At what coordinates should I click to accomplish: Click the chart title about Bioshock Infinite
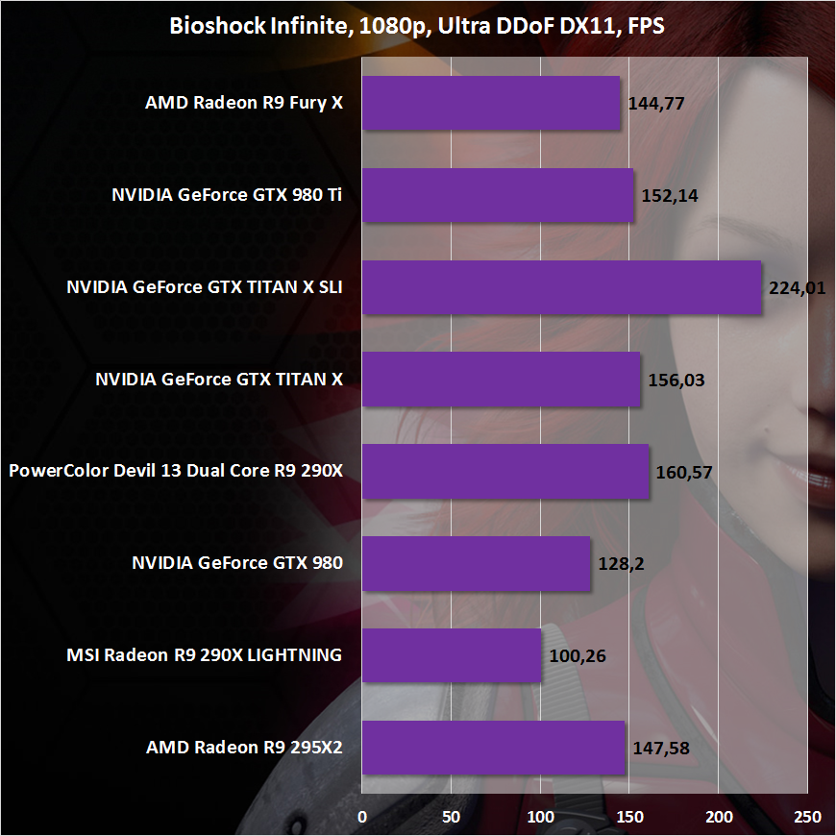click(x=417, y=25)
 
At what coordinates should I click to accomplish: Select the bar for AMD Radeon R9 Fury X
click(x=491, y=103)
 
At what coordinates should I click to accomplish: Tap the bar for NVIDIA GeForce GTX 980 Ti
click(x=498, y=195)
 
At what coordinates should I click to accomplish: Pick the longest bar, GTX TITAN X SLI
click(x=561, y=287)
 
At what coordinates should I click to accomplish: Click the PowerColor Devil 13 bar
click(x=505, y=471)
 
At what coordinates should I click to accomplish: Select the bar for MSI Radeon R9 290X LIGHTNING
click(x=452, y=655)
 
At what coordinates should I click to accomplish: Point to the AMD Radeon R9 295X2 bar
click(x=493, y=747)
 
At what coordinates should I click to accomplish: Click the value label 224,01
click(x=798, y=287)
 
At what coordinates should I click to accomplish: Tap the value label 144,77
click(x=655, y=103)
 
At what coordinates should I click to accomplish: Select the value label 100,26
click(x=577, y=655)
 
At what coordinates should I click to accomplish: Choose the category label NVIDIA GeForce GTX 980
click(x=236, y=563)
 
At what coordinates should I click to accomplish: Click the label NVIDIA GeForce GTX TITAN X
click(x=219, y=379)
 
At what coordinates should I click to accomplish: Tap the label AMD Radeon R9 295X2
click(x=244, y=747)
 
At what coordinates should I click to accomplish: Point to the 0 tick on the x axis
click(x=362, y=817)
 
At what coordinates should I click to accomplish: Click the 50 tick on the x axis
click(x=451, y=817)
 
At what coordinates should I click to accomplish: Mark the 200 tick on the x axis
click(x=719, y=817)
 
